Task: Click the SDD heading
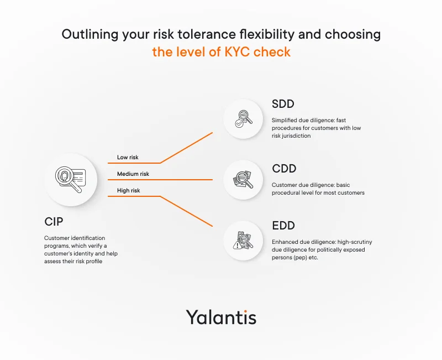tap(283, 104)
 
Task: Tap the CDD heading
tap(284, 169)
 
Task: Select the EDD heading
tap(283, 226)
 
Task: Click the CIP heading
tap(54, 222)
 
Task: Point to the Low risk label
tap(128, 157)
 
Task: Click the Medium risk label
tap(133, 174)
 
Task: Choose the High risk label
tap(129, 190)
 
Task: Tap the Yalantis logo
tap(221, 317)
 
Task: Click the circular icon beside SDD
tap(243, 119)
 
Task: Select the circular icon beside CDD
tap(243, 180)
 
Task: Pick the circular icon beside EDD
tap(243, 241)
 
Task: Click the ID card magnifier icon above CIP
tap(71, 179)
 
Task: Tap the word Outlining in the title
tap(90, 35)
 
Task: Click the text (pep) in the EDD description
tap(300, 258)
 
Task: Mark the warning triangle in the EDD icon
tap(238, 245)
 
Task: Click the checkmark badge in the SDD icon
tap(239, 123)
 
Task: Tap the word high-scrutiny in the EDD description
tap(355, 242)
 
